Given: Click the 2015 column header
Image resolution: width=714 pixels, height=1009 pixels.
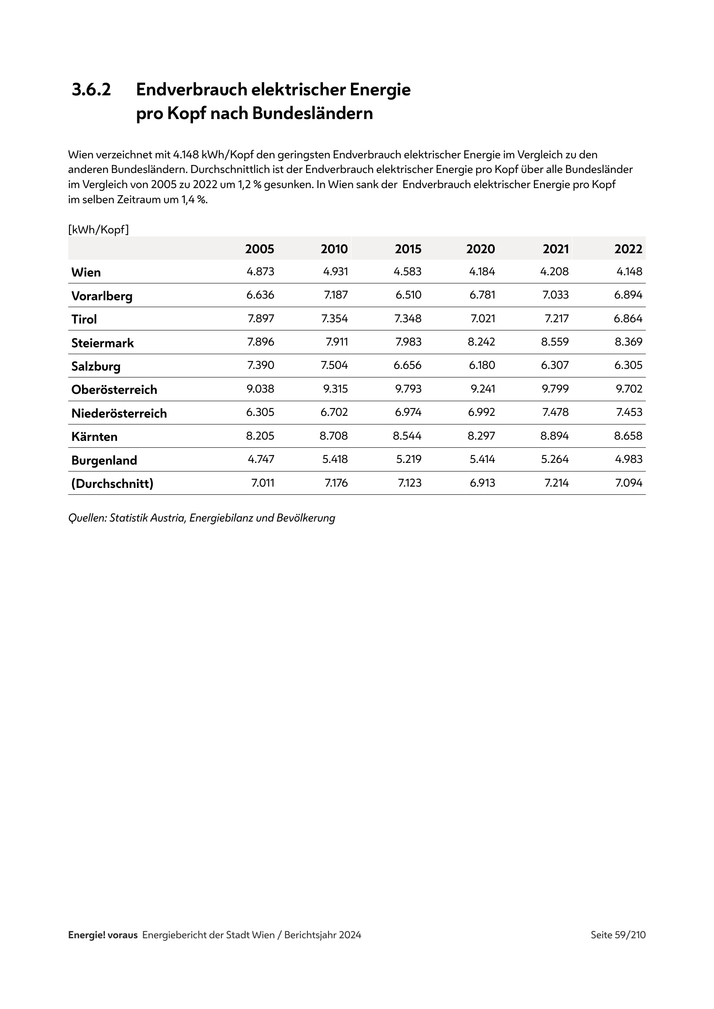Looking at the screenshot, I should [408, 249].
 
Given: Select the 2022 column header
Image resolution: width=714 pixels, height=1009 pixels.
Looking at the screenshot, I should [628, 249].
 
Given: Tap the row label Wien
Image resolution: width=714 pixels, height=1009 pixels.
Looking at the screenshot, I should [86, 273].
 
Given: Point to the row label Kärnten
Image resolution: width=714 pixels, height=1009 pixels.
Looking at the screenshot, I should [95, 437].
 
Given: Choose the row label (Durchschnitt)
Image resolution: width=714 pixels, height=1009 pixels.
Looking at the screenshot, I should [113, 484].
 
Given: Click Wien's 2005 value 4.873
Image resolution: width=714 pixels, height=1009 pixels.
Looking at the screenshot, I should [260, 272].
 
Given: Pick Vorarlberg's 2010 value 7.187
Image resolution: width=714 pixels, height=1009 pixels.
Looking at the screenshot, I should [336, 295].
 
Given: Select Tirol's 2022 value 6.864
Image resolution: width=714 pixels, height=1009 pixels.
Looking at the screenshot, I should [628, 319].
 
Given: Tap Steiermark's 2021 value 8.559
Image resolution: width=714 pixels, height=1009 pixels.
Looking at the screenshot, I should [555, 342].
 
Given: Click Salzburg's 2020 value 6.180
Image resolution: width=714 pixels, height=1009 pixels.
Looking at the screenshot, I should [482, 365].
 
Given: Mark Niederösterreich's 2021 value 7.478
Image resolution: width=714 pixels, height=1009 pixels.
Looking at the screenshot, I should [555, 412].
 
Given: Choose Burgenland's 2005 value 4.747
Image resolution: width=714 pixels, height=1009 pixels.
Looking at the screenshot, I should [261, 459].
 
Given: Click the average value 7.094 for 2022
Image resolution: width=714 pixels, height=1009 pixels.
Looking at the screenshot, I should [628, 483].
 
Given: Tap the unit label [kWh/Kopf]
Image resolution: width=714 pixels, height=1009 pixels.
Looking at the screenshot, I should [98, 229].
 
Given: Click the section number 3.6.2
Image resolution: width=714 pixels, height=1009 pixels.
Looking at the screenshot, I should [92, 90].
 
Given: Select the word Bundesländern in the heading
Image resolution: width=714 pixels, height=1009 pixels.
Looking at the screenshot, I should [312, 113].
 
